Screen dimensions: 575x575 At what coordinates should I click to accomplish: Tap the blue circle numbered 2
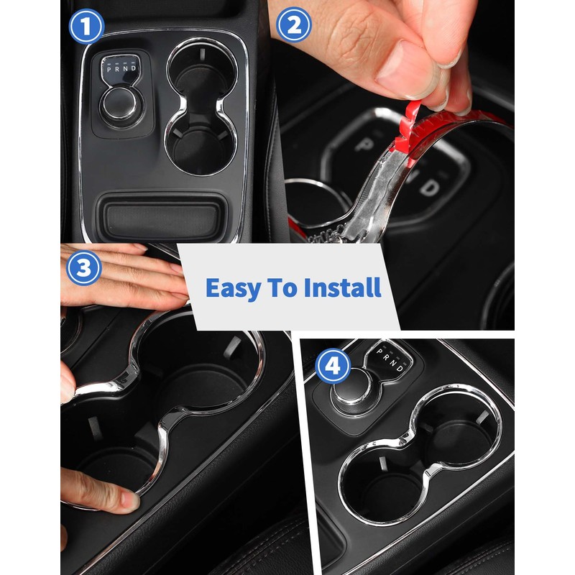(293, 27)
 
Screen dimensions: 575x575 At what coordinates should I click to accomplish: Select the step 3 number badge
(84, 268)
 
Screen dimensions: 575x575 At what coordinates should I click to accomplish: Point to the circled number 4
(332, 367)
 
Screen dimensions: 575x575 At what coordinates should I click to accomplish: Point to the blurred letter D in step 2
(428, 188)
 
